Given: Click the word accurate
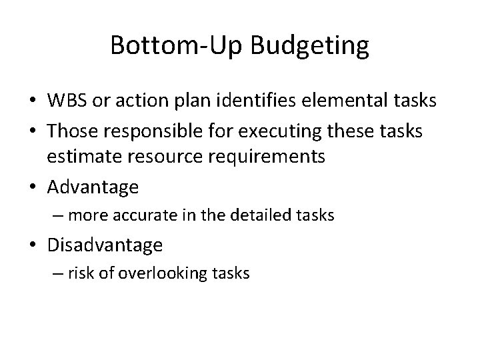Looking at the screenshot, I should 148,215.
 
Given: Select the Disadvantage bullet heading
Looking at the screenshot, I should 105,245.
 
